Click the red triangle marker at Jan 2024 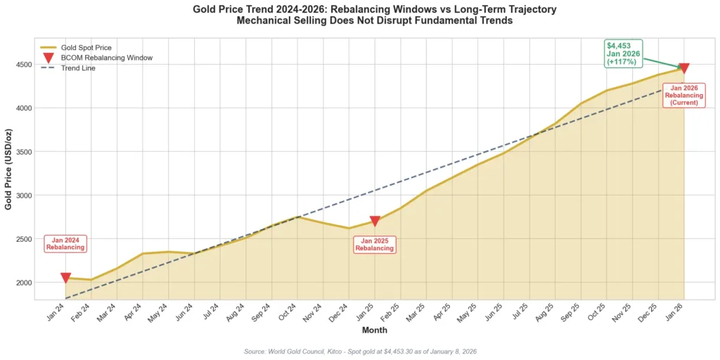point(65,278)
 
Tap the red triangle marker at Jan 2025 point(375,221)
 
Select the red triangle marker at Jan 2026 point(683,68)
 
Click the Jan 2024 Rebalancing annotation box point(65,243)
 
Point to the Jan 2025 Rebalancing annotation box point(374,244)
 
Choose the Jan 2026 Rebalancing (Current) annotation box point(683,95)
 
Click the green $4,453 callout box point(623,53)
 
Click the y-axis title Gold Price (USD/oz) point(8,169)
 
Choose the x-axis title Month point(374,330)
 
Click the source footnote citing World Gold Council point(360,351)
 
